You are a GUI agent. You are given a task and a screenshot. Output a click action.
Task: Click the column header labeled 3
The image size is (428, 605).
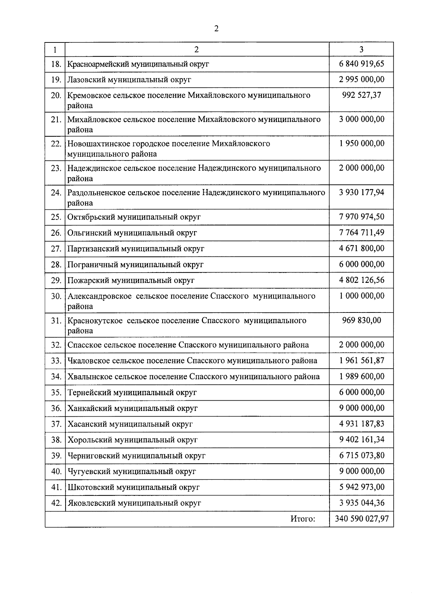tap(361, 50)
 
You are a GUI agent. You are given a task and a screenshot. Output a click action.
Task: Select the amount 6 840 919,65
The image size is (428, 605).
tap(362, 64)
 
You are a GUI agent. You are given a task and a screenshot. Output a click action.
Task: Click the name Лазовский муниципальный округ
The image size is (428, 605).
tap(129, 80)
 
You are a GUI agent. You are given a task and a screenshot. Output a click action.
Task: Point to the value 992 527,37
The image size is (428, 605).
tap(362, 95)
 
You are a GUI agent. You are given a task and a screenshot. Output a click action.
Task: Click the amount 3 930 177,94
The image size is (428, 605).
tap(362, 193)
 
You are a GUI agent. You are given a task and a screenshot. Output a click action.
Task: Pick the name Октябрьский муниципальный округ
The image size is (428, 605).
tap(134, 217)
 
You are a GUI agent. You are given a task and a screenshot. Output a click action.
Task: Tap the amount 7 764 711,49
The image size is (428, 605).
tap(362, 233)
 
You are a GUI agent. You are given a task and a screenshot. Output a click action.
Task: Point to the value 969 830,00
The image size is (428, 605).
tap(362, 320)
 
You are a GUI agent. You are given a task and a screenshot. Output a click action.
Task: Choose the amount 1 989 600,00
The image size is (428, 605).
tap(362, 376)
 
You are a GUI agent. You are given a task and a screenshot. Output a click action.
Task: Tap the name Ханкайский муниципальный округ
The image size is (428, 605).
tap(132, 408)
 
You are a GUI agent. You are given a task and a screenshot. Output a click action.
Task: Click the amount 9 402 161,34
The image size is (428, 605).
tap(362, 439)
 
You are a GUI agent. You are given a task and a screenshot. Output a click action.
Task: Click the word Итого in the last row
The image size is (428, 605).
tap(303, 519)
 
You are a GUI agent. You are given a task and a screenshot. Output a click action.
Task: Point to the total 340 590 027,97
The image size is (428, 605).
tap(362, 519)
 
